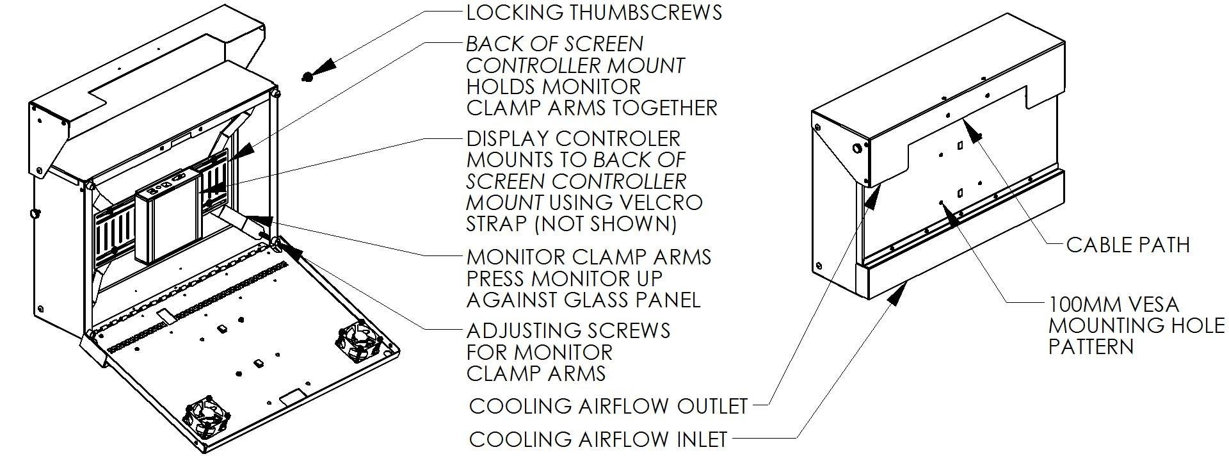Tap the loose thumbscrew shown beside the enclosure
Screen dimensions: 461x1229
tap(308, 77)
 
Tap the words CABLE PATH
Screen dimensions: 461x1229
tap(1128, 244)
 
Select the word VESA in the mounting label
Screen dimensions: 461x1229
tap(1145, 304)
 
